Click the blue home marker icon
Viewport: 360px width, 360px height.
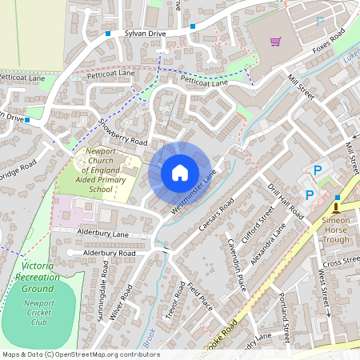(180, 172)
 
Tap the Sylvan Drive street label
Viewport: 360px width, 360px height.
(144, 34)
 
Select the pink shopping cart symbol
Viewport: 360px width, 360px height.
(276, 42)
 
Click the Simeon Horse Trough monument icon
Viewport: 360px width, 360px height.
(336, 208)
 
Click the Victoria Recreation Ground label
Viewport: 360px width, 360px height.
(38, 276)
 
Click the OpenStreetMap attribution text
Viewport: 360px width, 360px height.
(80, 354)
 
